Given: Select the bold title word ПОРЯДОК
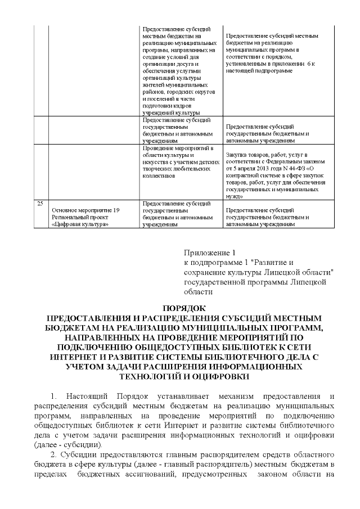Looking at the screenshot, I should pyautogui.click(x=180, y=308).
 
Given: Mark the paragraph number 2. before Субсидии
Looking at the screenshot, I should pyautogui.click(x=55, y=455).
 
